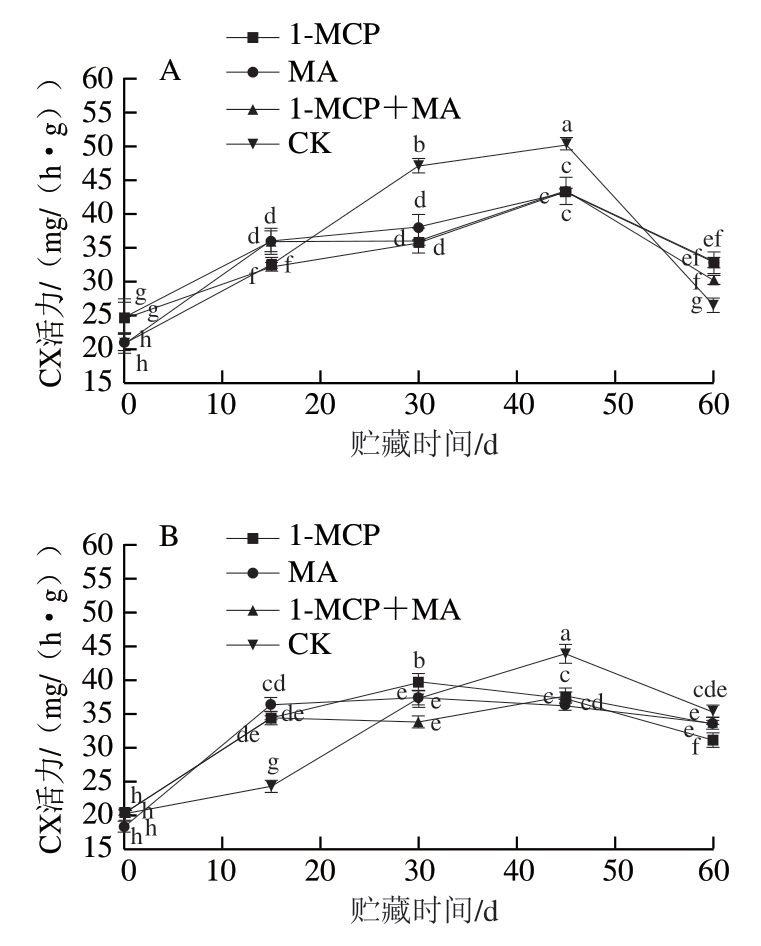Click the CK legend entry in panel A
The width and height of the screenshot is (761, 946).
[x=290, y=143]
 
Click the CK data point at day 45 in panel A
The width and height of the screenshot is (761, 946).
[x=566, y=144]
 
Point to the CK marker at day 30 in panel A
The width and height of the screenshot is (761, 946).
[x=419, y=165]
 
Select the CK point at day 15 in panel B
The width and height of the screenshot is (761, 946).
[x=272, y=786]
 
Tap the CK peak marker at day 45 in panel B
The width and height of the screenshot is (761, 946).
[x=566, y=654]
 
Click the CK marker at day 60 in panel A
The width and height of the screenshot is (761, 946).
[x=713, y=304]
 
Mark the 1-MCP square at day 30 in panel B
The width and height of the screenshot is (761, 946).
[x=419, y=682]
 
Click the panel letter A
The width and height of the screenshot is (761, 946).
[x=170, y=71]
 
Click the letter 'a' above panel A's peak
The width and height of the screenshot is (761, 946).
[x=567, y=126]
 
